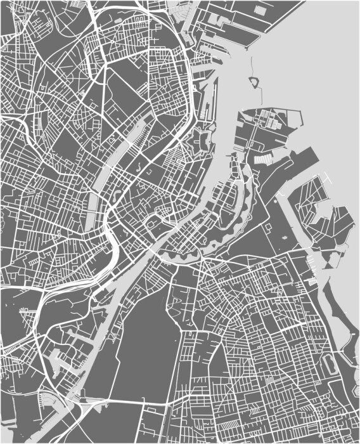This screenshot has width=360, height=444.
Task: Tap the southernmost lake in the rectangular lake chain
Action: tap(93, 209)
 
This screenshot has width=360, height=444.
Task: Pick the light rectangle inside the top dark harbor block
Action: tap(259, 11)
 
